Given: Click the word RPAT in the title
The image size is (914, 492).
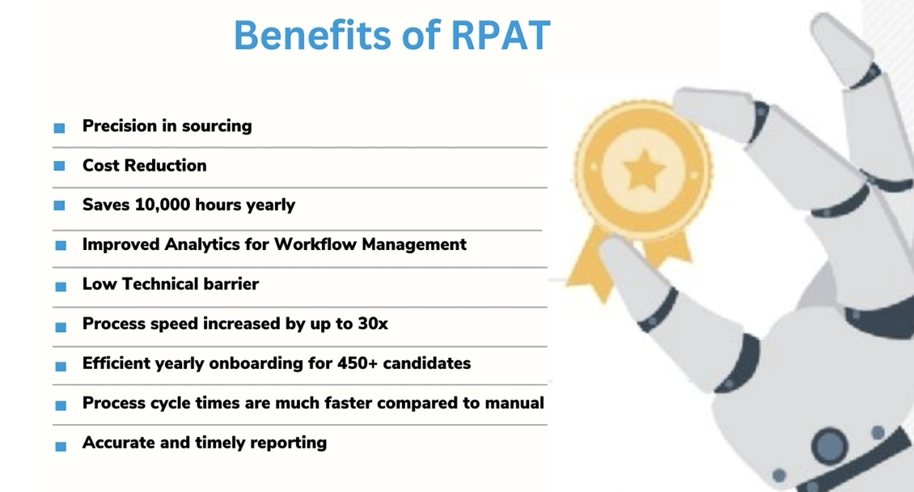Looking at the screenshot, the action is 501,35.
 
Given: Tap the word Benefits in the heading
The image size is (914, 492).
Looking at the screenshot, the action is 313,35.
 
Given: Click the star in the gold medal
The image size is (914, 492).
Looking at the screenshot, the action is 644,170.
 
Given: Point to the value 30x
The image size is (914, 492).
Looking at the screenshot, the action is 373,324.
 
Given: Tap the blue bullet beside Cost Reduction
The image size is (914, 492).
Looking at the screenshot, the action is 60,166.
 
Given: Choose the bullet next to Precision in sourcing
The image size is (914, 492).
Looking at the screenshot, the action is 60,128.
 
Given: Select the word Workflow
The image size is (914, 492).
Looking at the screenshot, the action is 315,244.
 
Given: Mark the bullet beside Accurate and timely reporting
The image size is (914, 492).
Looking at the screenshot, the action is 61,447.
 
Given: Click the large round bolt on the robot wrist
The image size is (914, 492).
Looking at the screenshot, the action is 828,445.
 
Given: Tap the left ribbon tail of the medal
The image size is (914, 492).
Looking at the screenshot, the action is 589,262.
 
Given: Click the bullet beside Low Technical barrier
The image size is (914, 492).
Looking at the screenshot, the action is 61,286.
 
